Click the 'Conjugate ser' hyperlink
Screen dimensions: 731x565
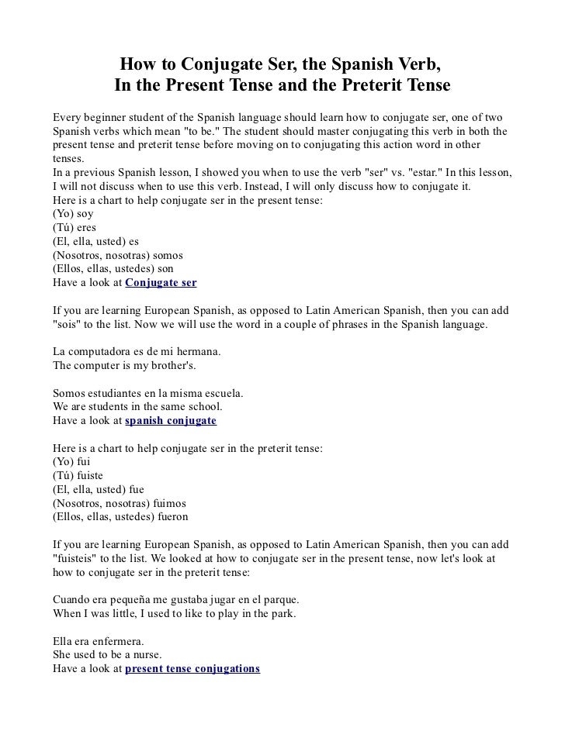(161, 283)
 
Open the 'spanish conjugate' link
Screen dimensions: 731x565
(170, 421)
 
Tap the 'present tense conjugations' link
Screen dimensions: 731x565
(192, 669)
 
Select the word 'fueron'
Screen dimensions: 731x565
(170, 517)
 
